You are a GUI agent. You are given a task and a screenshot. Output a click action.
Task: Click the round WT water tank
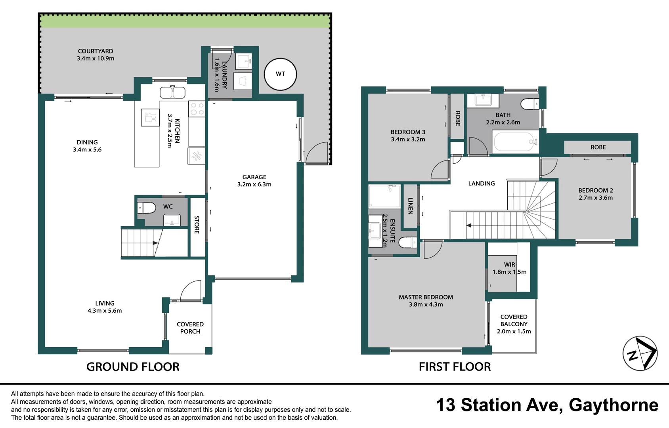tap(280, 74)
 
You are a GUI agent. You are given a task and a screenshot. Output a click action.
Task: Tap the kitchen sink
tap(172, 92)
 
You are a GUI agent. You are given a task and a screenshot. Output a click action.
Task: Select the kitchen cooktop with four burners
tap(197, 109)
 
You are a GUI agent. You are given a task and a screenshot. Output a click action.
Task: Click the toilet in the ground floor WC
tap(146, 208)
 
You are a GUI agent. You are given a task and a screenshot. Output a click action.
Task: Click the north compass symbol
tap(640, 353)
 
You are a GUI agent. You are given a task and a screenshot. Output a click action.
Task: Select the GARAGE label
tap(254, 177)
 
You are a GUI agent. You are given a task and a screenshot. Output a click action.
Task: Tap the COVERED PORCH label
tap(190, 328)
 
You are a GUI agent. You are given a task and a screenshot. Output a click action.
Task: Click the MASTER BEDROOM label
tap(426, 297)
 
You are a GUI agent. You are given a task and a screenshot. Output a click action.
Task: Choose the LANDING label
tap(482, 183)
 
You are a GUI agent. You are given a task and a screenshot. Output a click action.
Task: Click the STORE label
tap(197, 225)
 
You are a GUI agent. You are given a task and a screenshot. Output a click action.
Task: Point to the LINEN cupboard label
tap(410, 206)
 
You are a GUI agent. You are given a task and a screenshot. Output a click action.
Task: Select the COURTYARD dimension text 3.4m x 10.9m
tap(96, 59)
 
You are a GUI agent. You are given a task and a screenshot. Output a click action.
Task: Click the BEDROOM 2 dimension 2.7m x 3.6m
tap(596, 198)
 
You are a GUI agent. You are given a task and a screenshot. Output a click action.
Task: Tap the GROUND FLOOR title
tap(133, 367)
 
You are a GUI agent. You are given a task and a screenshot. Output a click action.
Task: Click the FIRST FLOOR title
tap(455, 367)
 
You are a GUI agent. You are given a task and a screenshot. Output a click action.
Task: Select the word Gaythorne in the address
tap(614, 405)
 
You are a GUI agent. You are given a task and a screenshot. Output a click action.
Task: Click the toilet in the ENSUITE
tap(408, 242)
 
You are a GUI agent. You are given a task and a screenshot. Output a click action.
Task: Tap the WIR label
tap(510, 265)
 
